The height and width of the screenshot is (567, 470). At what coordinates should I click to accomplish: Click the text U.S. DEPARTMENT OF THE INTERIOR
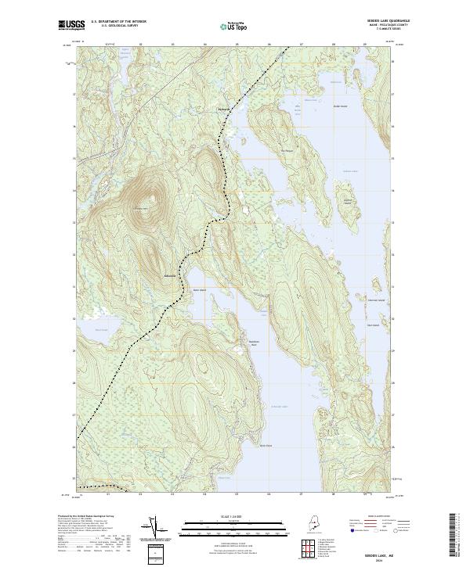(118, 22)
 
